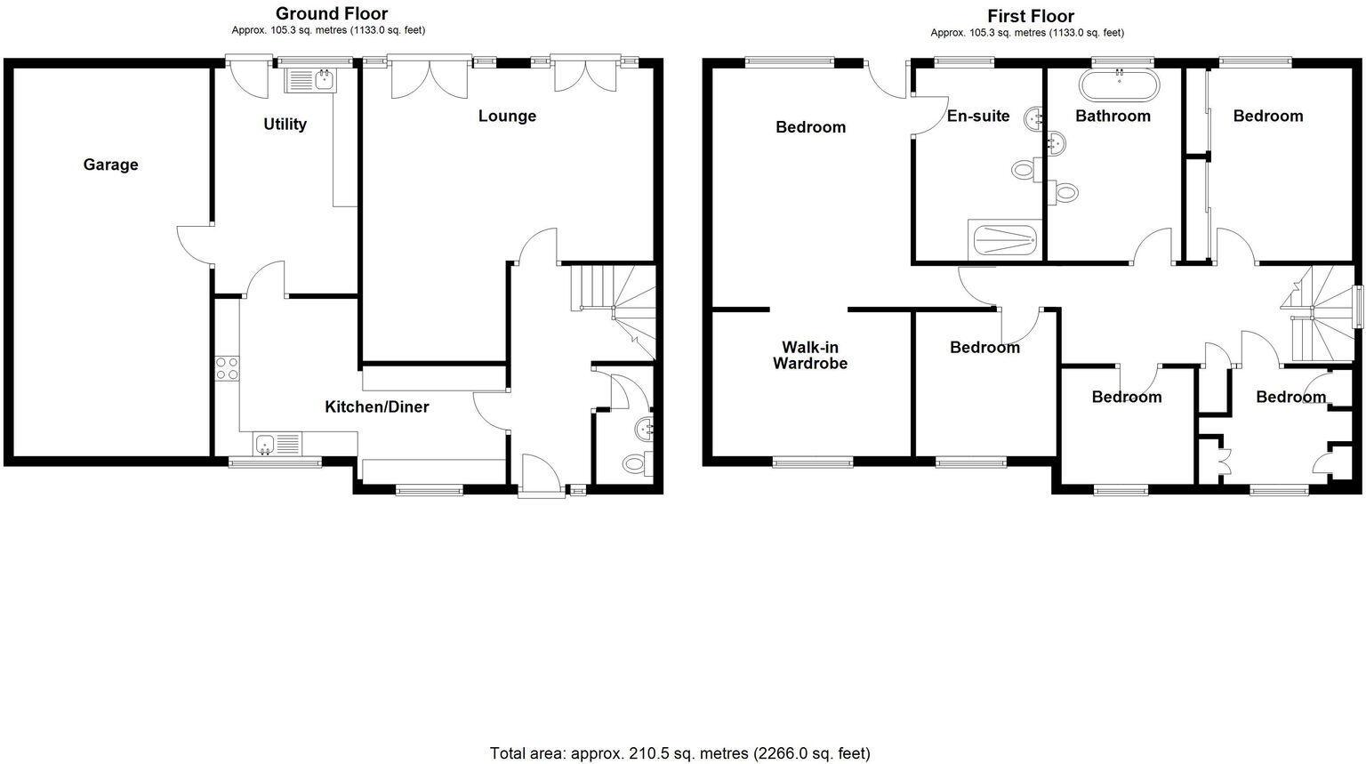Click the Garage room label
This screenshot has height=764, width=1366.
point(110,165)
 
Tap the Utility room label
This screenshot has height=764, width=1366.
point(285,125)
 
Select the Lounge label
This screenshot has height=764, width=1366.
point(507,116)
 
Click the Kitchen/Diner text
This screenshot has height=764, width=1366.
point(376,407)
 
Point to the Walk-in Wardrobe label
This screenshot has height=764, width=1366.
point(809,355)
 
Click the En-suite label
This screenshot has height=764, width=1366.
point(977,116)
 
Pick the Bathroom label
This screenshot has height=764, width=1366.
point(1113,116)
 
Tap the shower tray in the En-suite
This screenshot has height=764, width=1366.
point(1006,240)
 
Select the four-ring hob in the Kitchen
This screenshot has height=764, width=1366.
point(227,368)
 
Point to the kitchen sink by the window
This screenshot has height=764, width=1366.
point(278,443)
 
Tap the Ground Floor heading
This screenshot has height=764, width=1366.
point(331,13)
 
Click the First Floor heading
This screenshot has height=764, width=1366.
point(1030,16)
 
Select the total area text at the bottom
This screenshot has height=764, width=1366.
point(679,753)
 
